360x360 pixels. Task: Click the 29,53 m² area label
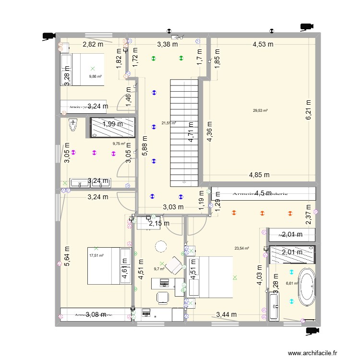coord(260,111)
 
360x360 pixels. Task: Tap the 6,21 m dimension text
coord(309,110)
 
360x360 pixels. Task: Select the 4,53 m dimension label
coord(263,45)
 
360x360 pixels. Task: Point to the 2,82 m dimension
coord(93,45)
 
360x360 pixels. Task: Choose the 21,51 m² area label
coord(168,123)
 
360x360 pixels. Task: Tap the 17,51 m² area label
coord(96,255)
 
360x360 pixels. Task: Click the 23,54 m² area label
coord(241,248)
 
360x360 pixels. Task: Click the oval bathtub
coord(306,287)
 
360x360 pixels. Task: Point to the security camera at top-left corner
coord(48,36)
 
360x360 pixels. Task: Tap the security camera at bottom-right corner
coord(312,330)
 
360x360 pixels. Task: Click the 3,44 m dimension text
coord(226,315)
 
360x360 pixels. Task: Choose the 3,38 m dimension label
coord(168,45)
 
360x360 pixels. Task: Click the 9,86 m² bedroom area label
coord(96,76)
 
